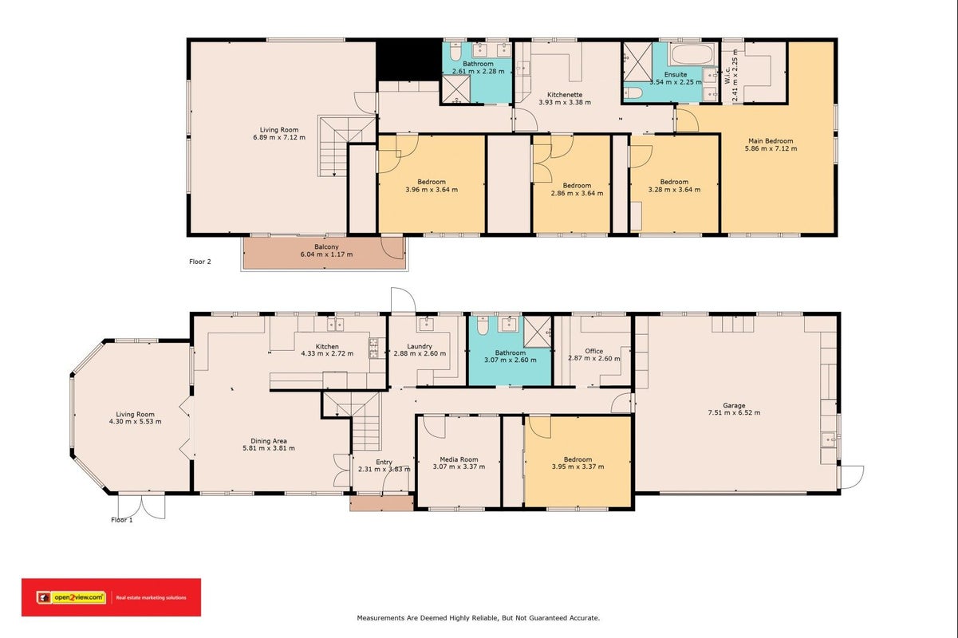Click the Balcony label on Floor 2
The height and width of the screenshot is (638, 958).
(x=326, y=246)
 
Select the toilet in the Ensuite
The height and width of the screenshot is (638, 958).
(x=633, y=93)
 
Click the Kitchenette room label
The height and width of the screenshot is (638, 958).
(x=565, y=94)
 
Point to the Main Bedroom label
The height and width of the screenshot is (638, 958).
(x=771, y=140)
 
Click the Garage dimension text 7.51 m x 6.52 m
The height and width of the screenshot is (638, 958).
(x=734, y=412)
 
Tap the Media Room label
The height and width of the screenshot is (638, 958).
(x=459, y=459)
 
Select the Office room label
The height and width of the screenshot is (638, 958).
(x=593, y=351)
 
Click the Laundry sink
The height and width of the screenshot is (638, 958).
(x=427, y=324)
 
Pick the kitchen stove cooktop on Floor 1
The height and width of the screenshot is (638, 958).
(x=374, y=348)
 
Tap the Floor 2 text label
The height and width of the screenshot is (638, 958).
(x=200, y=262)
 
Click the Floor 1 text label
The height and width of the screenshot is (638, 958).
(x=122, y=520)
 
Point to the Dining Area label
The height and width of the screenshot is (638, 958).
(x=269, y=441)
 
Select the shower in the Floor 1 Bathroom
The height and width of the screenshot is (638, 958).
(x=538, y=332)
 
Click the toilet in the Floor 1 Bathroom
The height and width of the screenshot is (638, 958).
(x=483, y=325)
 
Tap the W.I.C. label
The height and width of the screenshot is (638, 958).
(x=727, y=75)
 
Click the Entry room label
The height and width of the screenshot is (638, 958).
(x=384, y=462)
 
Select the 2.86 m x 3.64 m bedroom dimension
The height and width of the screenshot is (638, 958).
(x=577, y=193)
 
